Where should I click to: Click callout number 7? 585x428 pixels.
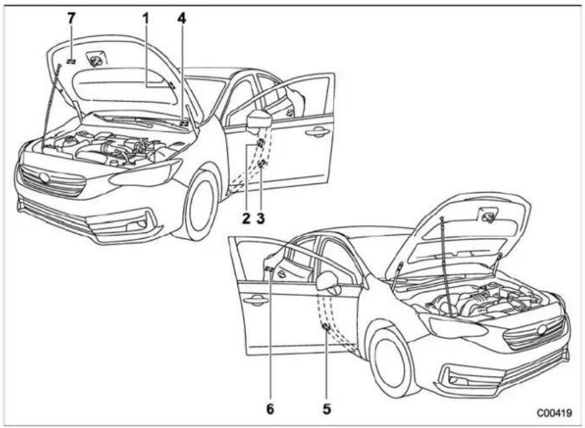pyautogui.click(x=71, y=18)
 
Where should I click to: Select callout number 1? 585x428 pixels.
pyautogui.click(x=146, y=18)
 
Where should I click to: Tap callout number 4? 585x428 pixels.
pyautogui.click(x=182, y=18)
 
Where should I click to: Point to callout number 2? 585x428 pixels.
pyautogui.click(x=246, y=218)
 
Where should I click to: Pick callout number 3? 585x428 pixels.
pyautogui.click(x=260, y=218)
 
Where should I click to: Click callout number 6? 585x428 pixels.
pyautogui.click(x=270, y=409)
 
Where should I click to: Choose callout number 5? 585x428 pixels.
pyautogui.click(x=326, y=409)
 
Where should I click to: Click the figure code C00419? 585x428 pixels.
pyautogui.click(x=554, y=413)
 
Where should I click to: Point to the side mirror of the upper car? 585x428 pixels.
pyautogui.click(x=257, y=120)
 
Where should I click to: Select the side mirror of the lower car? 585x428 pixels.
pyautogui.click(x=328, y=282)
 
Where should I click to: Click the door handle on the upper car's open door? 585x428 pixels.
pyautogui.click(x=318, y=132)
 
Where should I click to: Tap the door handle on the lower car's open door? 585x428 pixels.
pyautogui.click(x=255, y=299)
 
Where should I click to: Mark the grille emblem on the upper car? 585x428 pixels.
pyautogui.click(x=45, y=178)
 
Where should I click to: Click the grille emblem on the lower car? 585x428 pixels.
pyautogui.click(x=542, y=329)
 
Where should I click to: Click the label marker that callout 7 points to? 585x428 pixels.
pyautogui.click(x=71, y=61)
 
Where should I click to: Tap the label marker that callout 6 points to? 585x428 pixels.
pyautogui.click(x=269, y=270)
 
